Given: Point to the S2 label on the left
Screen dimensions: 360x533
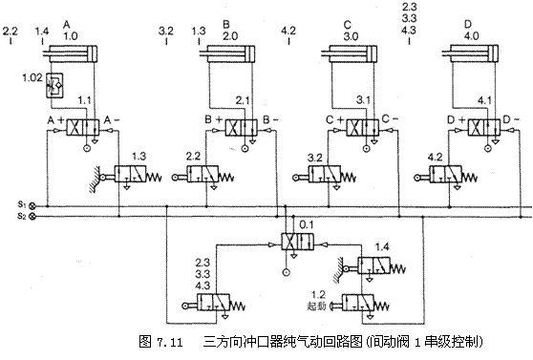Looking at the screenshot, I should (x=20, y=217).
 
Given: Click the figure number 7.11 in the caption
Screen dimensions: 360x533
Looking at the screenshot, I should (x=171, y=341).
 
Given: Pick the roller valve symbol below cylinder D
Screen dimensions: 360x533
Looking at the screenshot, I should (x=449, y=175).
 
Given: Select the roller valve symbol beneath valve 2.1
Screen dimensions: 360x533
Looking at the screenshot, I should (x=205, y=176).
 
